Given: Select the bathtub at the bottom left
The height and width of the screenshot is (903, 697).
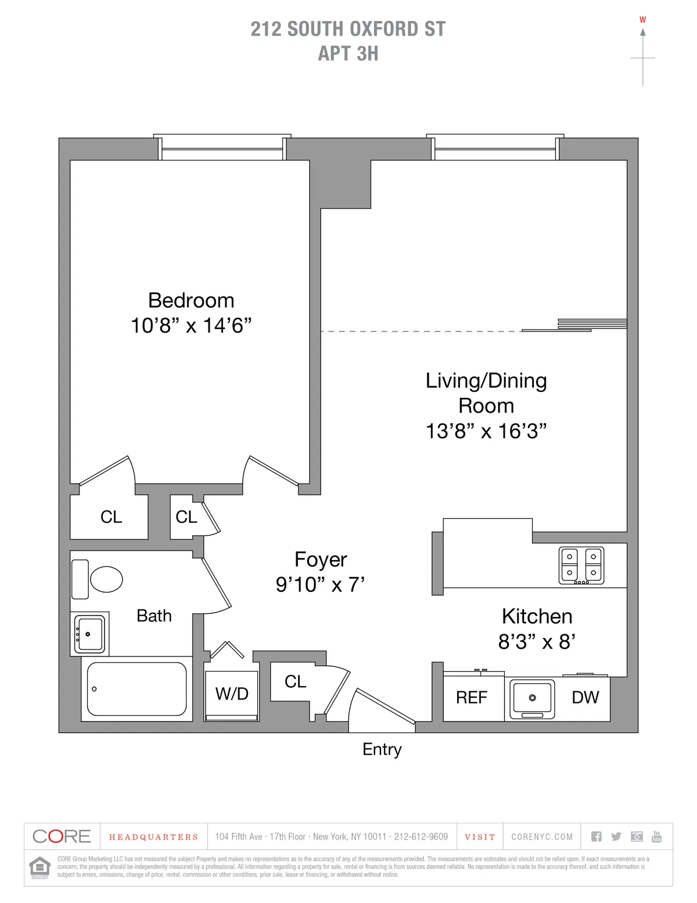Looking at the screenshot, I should (x=136, y=689).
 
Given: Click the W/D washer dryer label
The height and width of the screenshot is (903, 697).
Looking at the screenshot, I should (x=232, y=694).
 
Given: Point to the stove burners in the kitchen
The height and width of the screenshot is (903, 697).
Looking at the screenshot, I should (x=581, y=565).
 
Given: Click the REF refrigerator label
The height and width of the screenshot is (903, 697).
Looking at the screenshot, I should (x=472, y=697).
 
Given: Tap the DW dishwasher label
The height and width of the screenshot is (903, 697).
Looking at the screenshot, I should (x=585, y=697).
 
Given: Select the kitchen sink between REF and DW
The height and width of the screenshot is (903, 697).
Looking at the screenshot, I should (x=532, y=698).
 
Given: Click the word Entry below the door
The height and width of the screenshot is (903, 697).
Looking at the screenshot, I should (x=382, y=749).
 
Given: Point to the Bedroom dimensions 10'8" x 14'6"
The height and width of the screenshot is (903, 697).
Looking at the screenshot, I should (x=191, y=326).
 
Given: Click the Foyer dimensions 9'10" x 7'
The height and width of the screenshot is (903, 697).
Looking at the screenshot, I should (x=320, y=584).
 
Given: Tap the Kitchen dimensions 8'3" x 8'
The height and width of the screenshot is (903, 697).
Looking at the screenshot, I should (x=537, y=642).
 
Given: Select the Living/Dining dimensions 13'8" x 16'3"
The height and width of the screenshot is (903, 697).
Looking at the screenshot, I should (x=486, y=431).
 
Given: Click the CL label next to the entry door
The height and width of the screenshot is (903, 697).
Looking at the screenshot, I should (x=295, y=681).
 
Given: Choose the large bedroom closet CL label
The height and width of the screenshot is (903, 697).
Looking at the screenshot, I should (x=111, y=517).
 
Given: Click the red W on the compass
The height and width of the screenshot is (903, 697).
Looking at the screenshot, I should (x=642, y=20).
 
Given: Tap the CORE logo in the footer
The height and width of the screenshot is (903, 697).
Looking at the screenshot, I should (x=62, y=837).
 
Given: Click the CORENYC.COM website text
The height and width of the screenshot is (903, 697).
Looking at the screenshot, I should (x=542, y=837).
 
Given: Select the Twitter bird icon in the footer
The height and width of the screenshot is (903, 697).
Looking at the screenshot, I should (x=616, y=837).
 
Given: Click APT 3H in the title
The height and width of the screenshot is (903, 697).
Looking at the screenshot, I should (x=348, y=53).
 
